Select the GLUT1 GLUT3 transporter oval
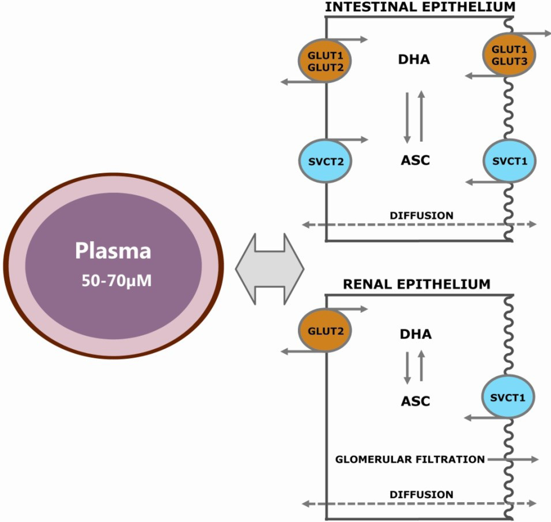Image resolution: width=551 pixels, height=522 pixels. tap(508, 56)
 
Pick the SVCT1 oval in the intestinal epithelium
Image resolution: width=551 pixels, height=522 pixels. tap(508, 160)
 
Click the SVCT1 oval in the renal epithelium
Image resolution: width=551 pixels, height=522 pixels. tap(508, 397)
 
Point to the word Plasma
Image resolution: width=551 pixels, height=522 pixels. tap(113, 251)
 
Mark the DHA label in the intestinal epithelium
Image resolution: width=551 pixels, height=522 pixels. tap(415, 59)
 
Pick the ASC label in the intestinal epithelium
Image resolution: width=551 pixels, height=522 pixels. tap(415, 160)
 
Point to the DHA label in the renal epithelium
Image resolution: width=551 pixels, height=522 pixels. tap(415, 334)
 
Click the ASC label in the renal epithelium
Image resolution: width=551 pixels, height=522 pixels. tap(415, 400)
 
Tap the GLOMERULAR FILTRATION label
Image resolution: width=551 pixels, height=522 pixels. tap(410, 460)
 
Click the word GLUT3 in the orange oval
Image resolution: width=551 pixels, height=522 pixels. tap(508, 62)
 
